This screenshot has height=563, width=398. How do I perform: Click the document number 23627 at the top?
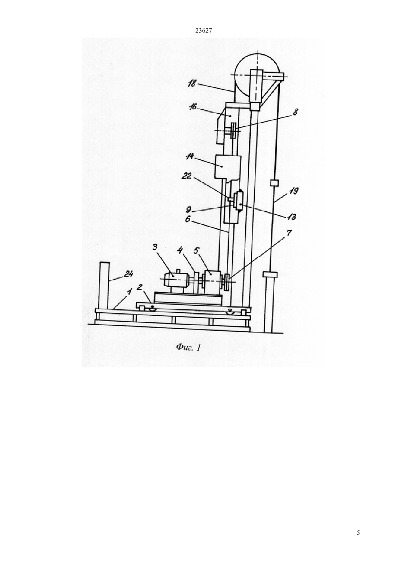pyautogui.click(x=203, y=31)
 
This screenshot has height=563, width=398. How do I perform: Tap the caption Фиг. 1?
pyautogui.click(x=188, y=348)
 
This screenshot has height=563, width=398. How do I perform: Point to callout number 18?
pyautogui.click(x=191, y=83)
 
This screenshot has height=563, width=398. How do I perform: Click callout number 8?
pyautogui.click(x=295, y=112)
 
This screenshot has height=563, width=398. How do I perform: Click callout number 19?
pyautogui.click(x=294, y=191)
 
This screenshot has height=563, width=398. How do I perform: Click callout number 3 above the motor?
pyautogui.click(x=155, y=247)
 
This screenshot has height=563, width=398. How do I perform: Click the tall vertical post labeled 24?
pyautogui.click(x=104, y=285)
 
